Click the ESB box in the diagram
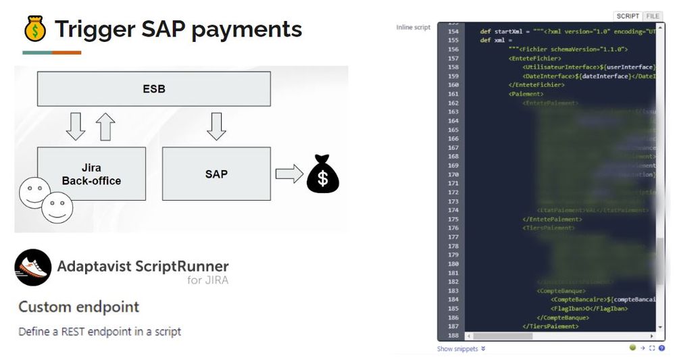tap(154, 88)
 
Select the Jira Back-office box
tap(91, 174)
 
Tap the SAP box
tap(216, 174)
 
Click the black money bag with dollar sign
tap(322, 174)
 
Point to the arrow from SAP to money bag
tap(289, 174)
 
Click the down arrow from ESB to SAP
tap(216, 126)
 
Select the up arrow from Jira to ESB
tap(105, 126)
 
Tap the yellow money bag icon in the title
tap(34, 29)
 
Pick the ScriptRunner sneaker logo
tap(32, 267)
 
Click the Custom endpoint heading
tap(79, 307)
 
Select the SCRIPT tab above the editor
tap(628, 16)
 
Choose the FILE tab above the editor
tap(653, 16)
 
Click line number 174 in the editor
tap(452, 211)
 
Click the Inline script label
tap(413, 28)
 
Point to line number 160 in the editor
tap(452, 85)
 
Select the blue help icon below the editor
tap(661, 349)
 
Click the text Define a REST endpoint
tap(99, 332)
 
